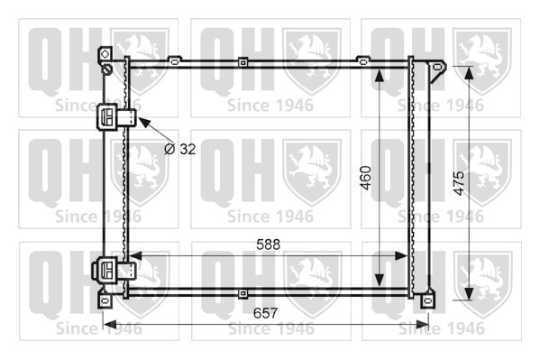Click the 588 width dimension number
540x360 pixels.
(268, 245)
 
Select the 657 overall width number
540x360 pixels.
(265, 313)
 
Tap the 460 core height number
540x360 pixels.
(366, 178)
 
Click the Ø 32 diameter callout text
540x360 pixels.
(180, 149)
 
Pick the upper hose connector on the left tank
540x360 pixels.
(115, 117)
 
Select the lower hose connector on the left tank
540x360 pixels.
(114, 271)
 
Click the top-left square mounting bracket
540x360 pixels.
(105, 54)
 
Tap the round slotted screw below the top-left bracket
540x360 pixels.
(107, 69)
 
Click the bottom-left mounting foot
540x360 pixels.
(105, 300)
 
